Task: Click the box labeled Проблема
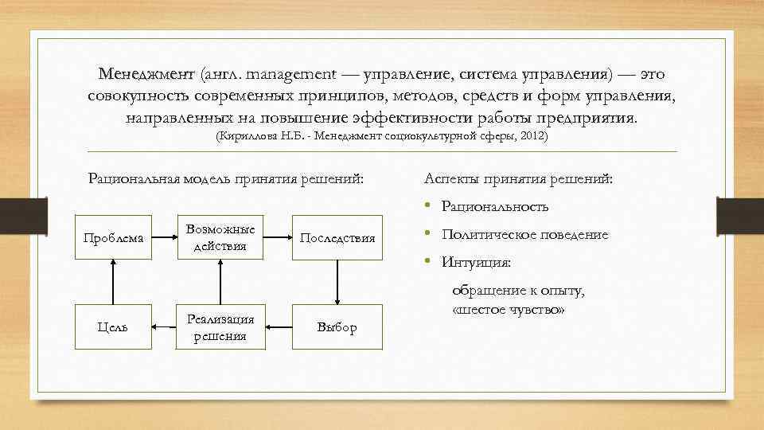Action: tap(113, 237)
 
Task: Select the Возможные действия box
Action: tap(220, 237)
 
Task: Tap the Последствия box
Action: tap(337, 237)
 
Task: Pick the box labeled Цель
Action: tap(113, 326)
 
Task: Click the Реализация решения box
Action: tap(220, 326)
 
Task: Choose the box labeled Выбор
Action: tap(337, 326)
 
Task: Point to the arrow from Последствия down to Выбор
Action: tap(337, 281)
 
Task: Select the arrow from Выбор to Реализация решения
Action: tap(279, 326)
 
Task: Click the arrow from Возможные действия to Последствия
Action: tap(278, 237)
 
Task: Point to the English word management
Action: tap(291, 74)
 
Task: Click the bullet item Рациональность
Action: tap(494, 207)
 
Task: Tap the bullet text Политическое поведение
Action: tap(524, 235)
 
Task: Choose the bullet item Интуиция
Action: tap(476, 262)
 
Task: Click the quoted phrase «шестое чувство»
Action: tap(509, 309)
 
